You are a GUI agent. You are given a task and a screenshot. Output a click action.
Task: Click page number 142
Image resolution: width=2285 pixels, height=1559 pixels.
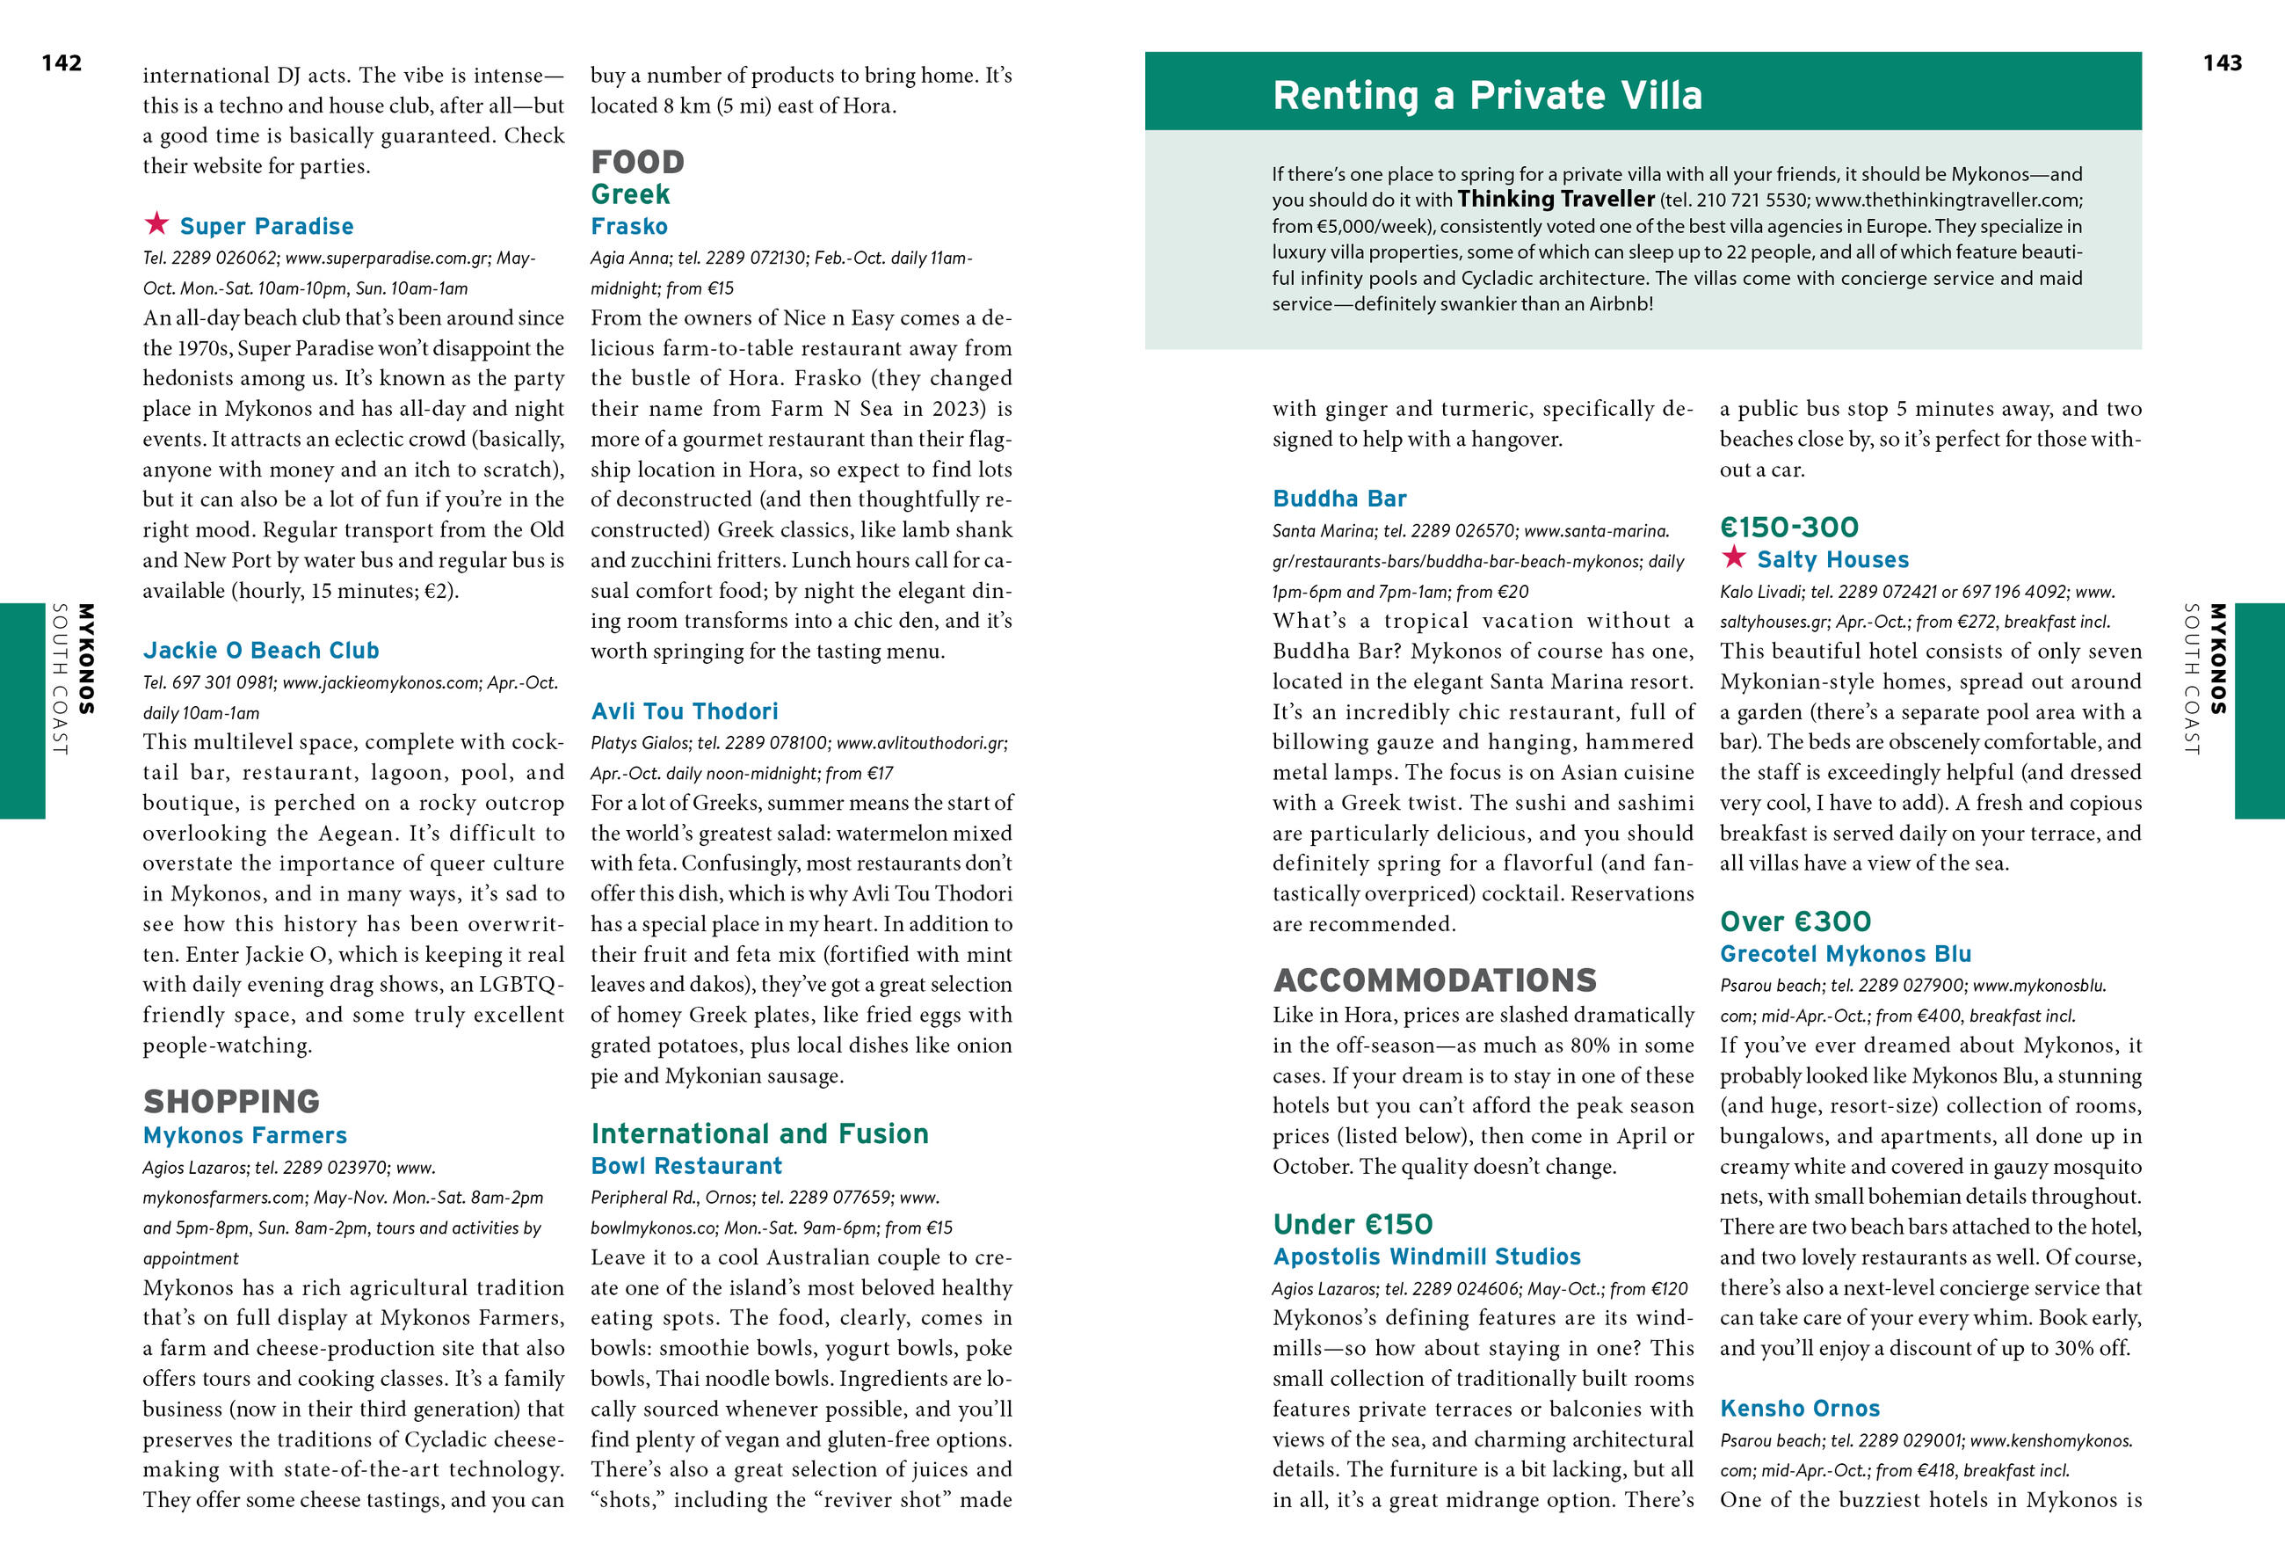click(x=61, y=63)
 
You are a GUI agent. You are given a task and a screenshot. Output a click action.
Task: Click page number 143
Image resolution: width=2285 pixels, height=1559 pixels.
click(x=2222, y=63)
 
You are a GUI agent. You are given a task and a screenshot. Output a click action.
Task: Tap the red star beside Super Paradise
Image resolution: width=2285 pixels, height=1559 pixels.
click(x=156, y=223)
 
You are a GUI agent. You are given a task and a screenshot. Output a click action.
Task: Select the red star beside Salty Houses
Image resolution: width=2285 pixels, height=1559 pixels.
click(x=1733, y=557)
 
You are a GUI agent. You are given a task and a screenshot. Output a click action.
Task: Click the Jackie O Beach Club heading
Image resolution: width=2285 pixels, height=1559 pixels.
click(x=260, y=650)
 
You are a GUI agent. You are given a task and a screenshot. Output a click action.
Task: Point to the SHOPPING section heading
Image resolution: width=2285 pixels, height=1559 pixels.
click(x=231, y=1101)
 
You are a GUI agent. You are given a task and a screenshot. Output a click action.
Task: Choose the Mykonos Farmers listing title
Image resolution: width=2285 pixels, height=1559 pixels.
click(x=245, y=1135)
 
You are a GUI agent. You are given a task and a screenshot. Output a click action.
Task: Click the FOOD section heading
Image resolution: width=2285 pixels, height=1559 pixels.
click(x=637, y=161)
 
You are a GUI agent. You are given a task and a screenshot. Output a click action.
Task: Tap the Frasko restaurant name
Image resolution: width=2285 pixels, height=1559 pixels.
click(x=629, y=226)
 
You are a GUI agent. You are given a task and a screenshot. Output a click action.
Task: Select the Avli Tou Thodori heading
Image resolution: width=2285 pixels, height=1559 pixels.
click(x=685, y=711)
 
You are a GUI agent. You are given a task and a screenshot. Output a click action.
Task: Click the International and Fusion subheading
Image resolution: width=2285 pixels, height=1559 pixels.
click(x=759, y=1133)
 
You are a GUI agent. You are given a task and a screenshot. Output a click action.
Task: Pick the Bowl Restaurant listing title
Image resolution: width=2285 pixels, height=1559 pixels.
click(x=686, y=1166)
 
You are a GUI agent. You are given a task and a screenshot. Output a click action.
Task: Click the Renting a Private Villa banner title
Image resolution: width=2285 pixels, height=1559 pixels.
click(x=1487, y=96)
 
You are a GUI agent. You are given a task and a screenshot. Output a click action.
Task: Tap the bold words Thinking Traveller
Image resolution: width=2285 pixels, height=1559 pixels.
click(x=1556, y=200)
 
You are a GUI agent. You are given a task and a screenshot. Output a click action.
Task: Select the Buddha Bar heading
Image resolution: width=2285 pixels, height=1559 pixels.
click(x=1339, y=499)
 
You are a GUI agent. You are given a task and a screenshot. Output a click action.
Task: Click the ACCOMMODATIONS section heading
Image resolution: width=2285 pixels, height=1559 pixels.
click(x=1434, y=980)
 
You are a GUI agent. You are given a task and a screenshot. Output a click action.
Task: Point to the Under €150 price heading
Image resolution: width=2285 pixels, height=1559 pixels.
click(x=1353, y=1224)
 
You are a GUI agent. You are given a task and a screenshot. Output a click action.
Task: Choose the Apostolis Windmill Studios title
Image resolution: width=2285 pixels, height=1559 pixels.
click(x=1426, y=1256)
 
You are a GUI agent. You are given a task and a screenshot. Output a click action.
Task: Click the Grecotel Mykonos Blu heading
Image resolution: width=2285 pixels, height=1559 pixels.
click(x=1846, y=953)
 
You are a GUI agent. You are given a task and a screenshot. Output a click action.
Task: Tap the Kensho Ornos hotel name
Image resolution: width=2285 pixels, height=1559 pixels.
click(x=1799, y=1408)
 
